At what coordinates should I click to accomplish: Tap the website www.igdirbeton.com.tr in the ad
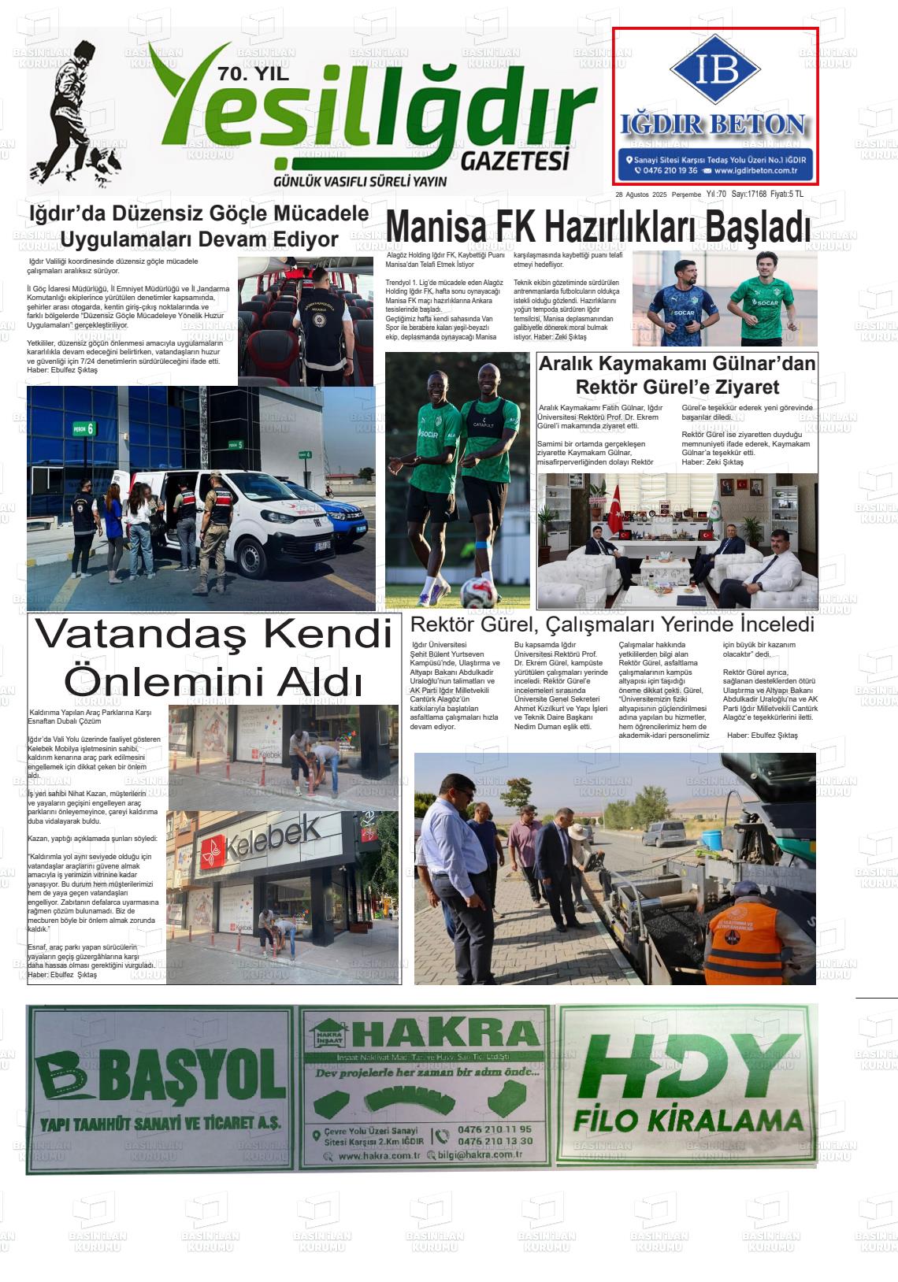[756, 170]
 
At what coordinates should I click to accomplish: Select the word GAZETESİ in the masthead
[514, 161]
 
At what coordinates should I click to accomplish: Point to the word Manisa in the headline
[435, 228]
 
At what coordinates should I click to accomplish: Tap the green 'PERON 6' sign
[84, 429]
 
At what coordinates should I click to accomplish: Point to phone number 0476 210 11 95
[495, 1129]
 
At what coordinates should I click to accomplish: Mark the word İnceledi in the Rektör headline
[768, 625]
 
